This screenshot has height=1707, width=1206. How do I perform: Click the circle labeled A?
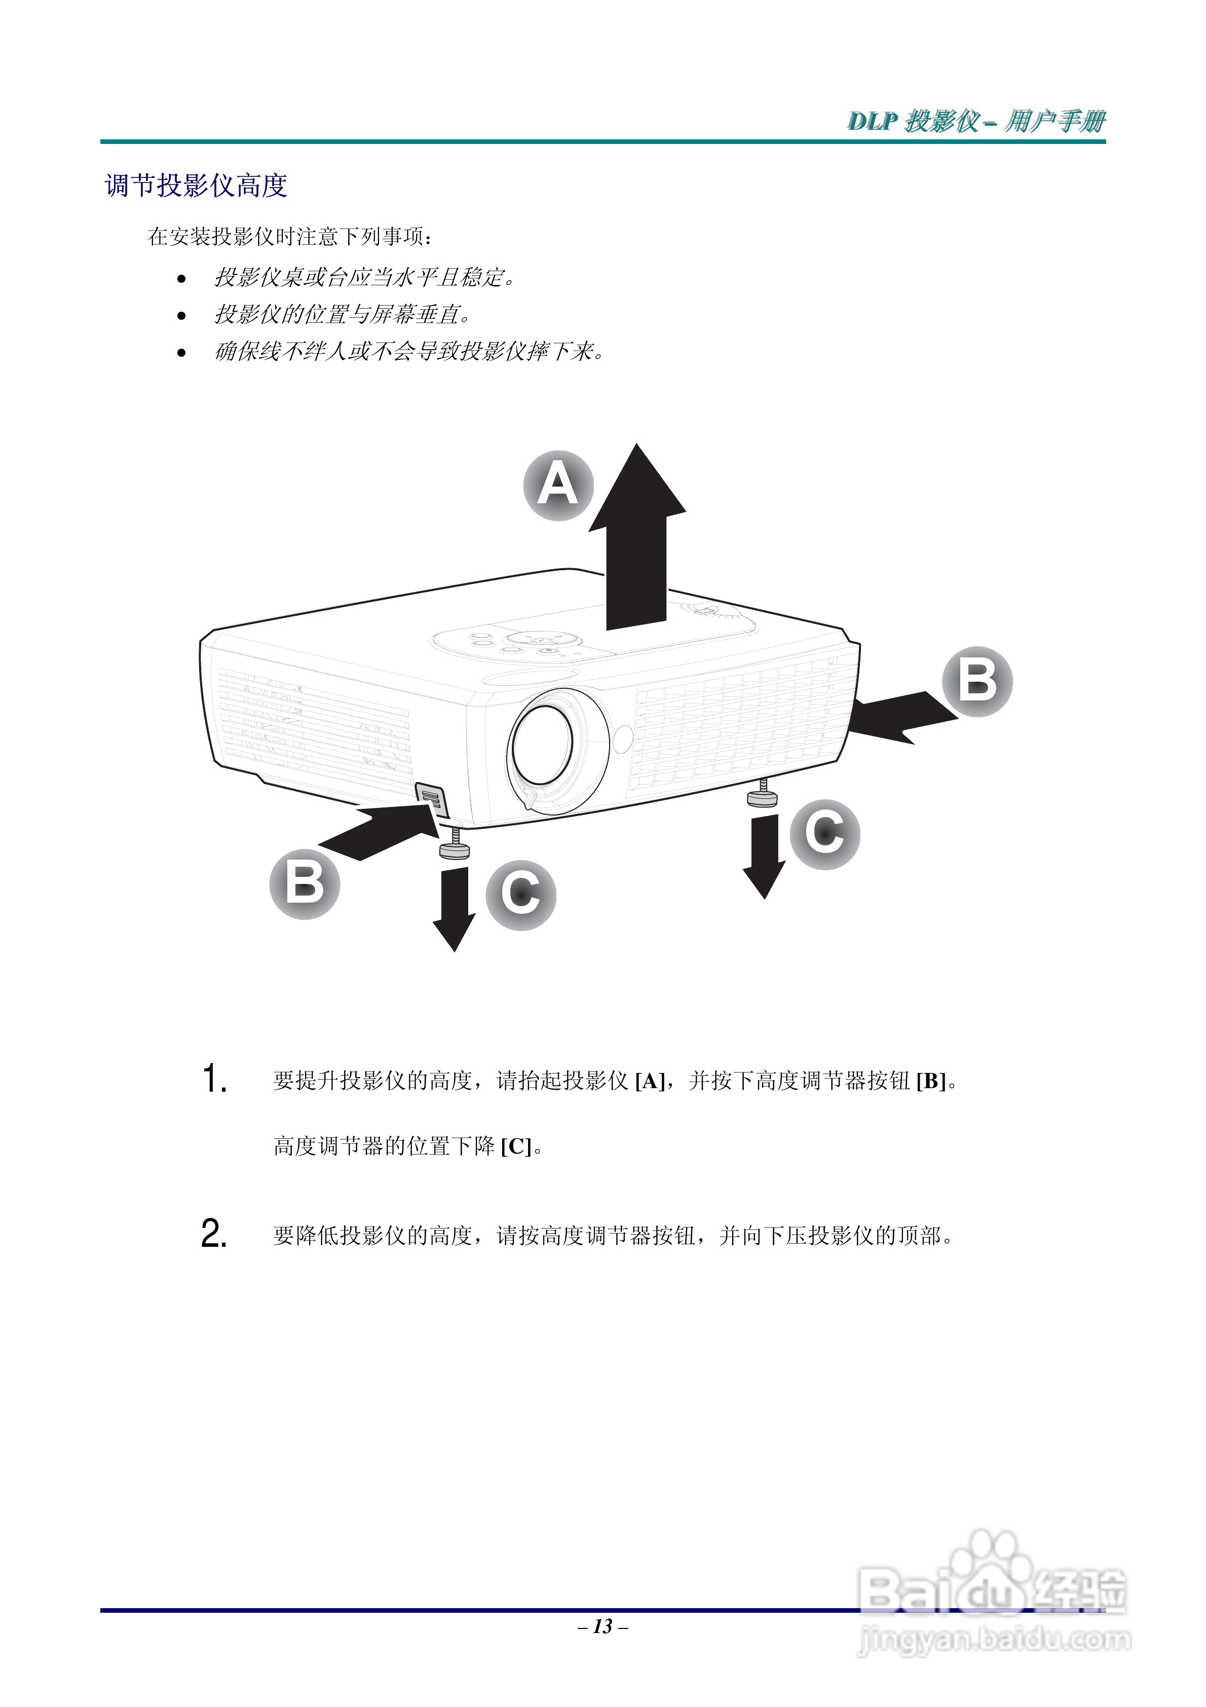tap(558, 486)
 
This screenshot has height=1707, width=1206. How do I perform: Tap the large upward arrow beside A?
tap(636, 543)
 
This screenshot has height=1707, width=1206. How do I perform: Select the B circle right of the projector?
tap(977, 681)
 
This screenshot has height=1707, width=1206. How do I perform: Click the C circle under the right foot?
tap(824, 834)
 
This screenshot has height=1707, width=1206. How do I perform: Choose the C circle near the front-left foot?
tap(520, 895)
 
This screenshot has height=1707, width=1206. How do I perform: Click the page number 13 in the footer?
tap(603, 1626)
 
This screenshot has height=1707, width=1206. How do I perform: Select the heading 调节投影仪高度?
tap(196, 185)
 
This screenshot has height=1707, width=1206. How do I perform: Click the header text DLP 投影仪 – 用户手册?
tap(976, 121)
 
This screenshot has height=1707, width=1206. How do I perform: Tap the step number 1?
tap(214, 1079)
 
